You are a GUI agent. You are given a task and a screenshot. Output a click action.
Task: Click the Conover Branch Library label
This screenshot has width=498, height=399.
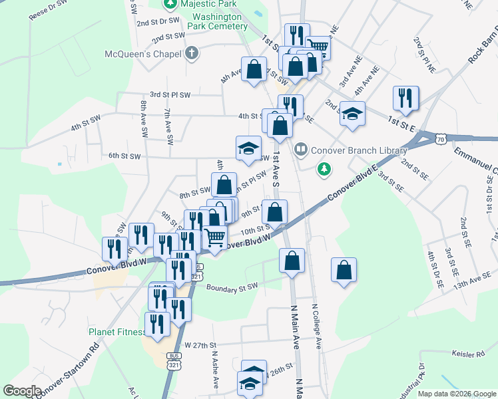tap(358, 150)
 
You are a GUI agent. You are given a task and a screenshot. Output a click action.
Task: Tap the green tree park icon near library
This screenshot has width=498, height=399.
tap(324, 169)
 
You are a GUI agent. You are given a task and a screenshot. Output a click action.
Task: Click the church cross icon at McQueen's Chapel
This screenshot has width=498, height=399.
tap(192, 53)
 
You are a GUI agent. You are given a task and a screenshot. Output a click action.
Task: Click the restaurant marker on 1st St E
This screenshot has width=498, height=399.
tap(405, 98)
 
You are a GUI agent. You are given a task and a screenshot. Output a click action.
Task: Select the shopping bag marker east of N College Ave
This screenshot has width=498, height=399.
tap(344, 269)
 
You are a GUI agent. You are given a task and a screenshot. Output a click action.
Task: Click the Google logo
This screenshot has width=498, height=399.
tap(22, 391)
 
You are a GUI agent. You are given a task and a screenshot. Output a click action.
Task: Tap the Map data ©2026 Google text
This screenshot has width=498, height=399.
tap(457, 394)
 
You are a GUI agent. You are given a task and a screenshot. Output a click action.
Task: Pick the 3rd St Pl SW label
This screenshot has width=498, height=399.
tap(170, 94)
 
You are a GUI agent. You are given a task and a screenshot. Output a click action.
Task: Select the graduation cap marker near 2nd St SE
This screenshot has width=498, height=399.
tap(352, 112)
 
